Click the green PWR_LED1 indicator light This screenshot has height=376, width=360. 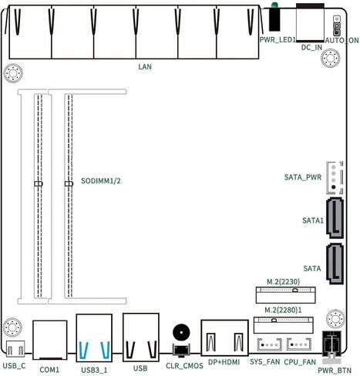point(274,5)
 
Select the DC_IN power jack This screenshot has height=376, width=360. point(310,22)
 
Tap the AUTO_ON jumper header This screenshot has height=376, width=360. point(336,25)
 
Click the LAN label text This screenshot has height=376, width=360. point(145,67)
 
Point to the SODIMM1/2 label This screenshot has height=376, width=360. point(101,181)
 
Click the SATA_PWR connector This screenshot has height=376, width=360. point(335,177)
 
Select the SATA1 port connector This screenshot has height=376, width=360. point(335,218)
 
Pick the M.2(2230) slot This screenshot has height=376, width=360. point(285,295)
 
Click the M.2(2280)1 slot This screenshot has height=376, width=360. point(284,325)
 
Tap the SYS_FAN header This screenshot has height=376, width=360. point(269,344)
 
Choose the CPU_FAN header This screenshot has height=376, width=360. point(299,344)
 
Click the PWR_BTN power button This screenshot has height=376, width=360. point(331,344)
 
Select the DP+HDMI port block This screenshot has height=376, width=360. point(224,337)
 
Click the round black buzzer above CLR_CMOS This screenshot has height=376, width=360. point(181,332)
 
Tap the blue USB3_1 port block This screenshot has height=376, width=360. point(94,337)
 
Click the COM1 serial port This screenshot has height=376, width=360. point(50,340)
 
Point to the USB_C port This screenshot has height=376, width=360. point(15,348)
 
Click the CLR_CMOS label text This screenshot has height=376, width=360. point(184,366)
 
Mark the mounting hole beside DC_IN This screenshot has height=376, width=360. point(331,58)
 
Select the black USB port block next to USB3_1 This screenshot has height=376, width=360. point(141,337)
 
